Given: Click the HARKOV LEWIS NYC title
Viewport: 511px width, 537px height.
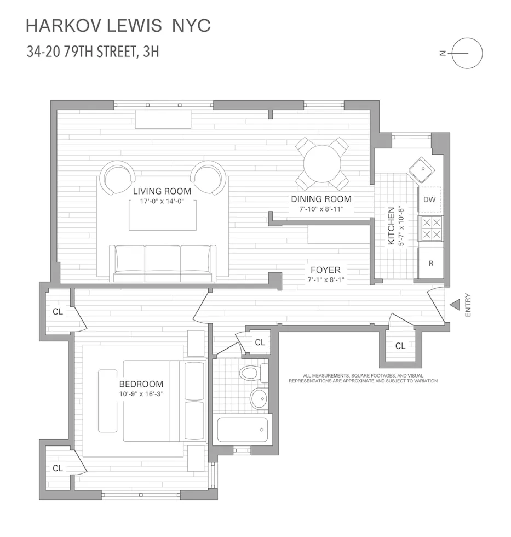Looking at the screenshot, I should click(x=118, y=25).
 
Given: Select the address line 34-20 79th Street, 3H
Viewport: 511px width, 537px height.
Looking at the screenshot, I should click(x=93, y=53).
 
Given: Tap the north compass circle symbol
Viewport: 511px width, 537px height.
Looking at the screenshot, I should click(x=467, y=53).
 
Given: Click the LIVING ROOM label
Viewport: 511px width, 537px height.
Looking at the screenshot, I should click(x=162, y=191).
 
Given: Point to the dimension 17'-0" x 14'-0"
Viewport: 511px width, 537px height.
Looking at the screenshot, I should click(x=162, y=202).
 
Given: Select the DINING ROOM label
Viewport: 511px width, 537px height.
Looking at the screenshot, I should click(x=321, y=199).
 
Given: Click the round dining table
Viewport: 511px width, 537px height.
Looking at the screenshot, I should click(x=322, y=163).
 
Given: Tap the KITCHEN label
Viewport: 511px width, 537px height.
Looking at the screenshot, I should click(x=391, y=225).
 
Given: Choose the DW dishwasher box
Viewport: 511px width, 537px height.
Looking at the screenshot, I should click(x=430, y=199).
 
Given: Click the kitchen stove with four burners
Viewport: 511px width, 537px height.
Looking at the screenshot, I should click(x=430, y=228).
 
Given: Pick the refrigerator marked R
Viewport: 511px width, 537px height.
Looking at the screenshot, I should click(x=430, y=263).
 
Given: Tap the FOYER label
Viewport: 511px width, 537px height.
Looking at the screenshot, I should click(x=325, y=270).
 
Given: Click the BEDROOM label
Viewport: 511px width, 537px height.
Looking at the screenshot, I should click(x=141, y=384).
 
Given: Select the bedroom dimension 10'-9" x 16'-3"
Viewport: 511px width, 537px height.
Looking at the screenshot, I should click(x=141, y=393).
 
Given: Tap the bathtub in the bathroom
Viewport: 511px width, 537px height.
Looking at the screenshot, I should click(x=242, y=429).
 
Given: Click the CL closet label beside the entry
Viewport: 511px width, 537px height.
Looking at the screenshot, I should click(x=400, y=346).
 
